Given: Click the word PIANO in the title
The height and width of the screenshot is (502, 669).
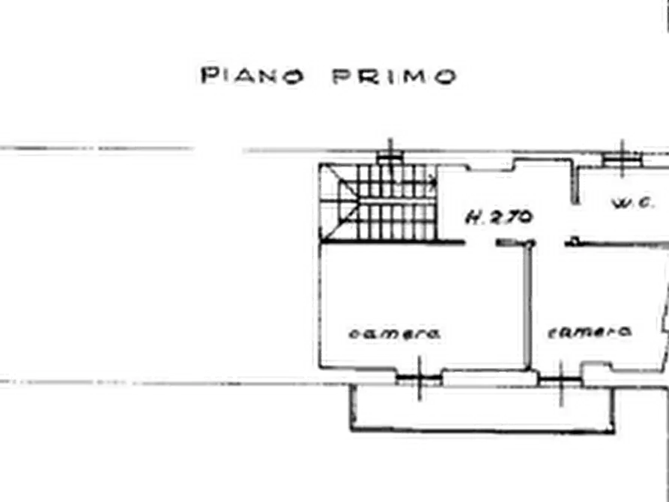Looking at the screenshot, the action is pyautogui.click(x=252, y=76).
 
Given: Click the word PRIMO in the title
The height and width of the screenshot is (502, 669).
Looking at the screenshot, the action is pyautogui.click(x=394, y=76).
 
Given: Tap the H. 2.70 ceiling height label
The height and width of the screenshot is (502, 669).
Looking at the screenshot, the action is pyautogui.click(x=499, y=217).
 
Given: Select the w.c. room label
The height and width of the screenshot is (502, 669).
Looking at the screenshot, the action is pyautogui.click(x=633, y=203).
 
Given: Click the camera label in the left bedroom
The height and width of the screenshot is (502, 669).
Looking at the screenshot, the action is pyautogui.click(x=395, y=333).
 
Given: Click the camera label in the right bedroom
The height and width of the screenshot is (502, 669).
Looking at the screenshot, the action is pyautogui.click(x=590, y=332).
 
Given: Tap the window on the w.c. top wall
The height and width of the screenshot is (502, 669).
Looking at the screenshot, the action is pyautogui.click(x=622, y=158).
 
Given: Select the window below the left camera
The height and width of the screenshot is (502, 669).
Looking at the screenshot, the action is pyautogui.click(x=419, y=378).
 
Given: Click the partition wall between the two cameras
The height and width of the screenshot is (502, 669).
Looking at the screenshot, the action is pyautogui.click(x=528, y=305).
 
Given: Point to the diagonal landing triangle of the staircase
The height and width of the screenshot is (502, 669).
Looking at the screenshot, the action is pyautogui.click(x=339, y=202).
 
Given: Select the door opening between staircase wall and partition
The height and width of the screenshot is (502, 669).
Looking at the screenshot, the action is pyautogui.click(x=481, y=243).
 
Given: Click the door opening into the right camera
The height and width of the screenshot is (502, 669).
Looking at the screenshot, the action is pyautogui.click(x=550, y=243).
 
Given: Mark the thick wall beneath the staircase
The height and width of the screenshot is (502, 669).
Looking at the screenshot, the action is pyautogui.click(x=393, y=243).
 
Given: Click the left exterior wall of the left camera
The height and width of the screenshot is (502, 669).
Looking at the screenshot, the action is pyautogui.click(x=320, y=305).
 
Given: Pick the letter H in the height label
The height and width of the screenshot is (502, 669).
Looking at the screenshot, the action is pyautogui.click(x=472, y=218).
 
